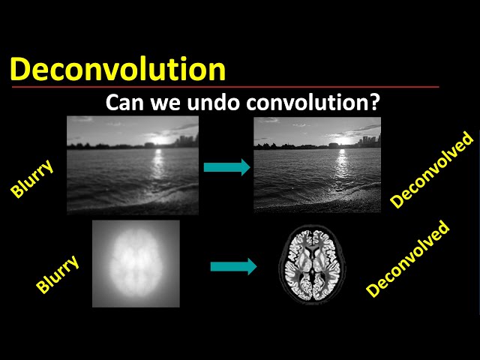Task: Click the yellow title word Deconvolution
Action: tap(118, 69)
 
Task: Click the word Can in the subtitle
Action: tap(123, 102)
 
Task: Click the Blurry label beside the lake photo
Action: tap(31, 178)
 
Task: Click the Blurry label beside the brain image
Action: tap(57, 271)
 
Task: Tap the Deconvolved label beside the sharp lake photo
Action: tap(433, 169)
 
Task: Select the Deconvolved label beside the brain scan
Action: tap(408, 259)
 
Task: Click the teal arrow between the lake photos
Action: tap(226, 167)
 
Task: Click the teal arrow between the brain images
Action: tap(233, 265)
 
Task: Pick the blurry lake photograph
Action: tap(133, 165)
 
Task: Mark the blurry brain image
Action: tap(136, 263)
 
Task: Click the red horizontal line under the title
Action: tap(225, 87)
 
